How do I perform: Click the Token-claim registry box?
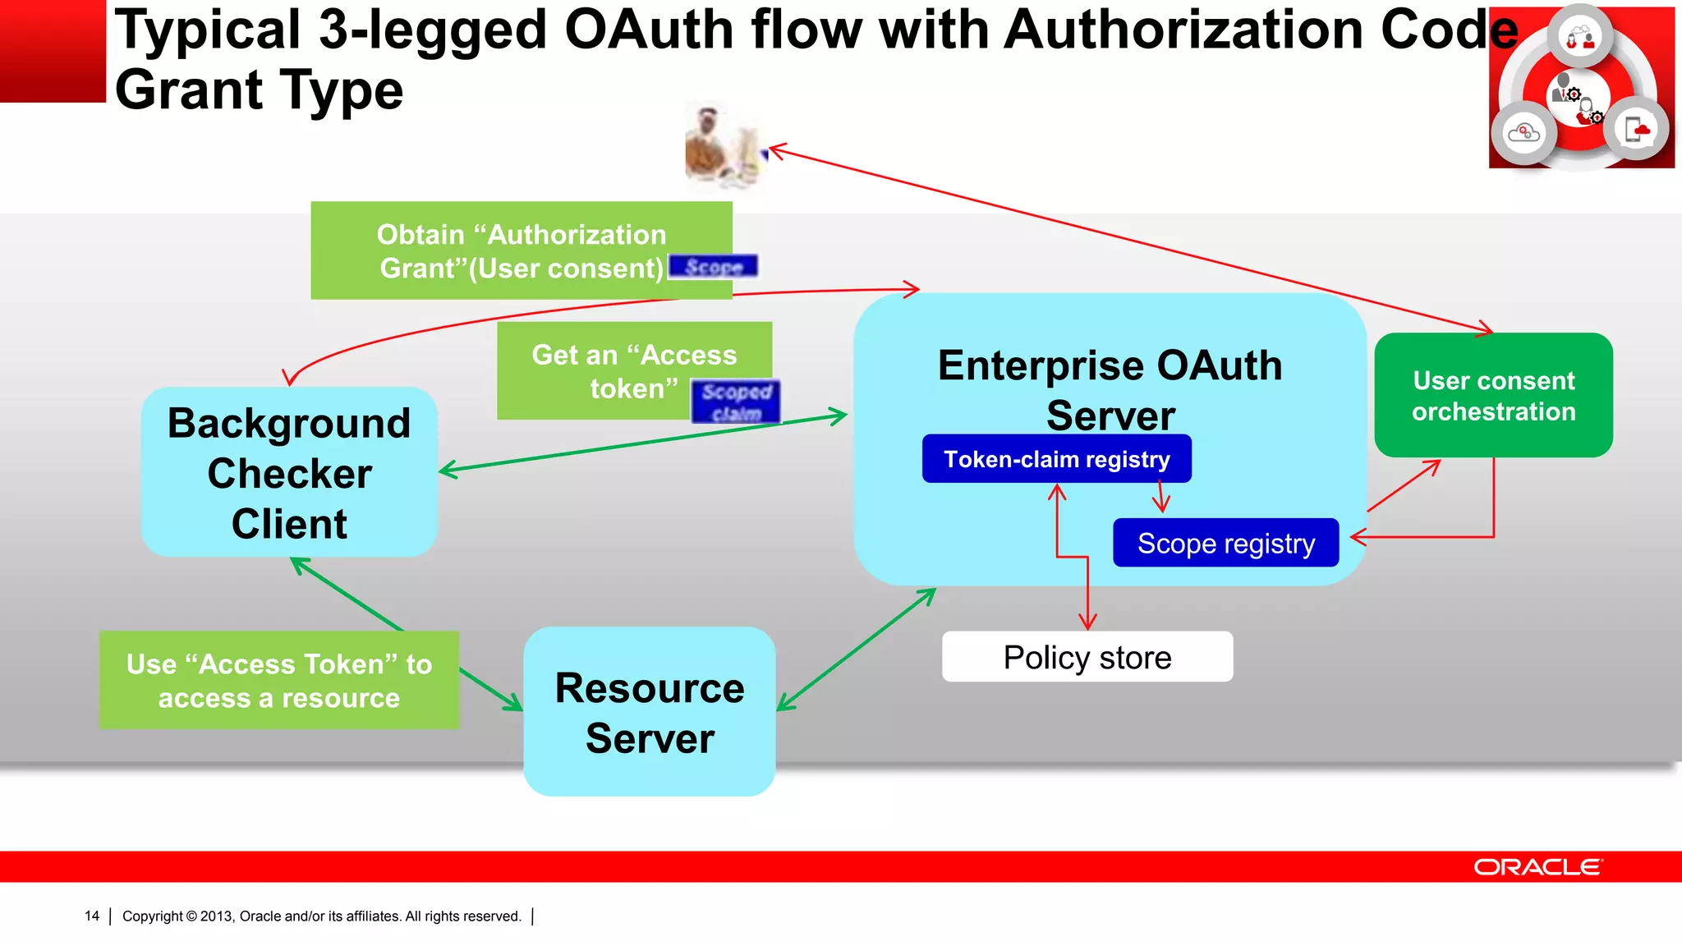point(1056,459)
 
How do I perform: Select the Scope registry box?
point(1225,543)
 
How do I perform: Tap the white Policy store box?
point(1087,657)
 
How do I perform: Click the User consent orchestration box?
point(1493,395)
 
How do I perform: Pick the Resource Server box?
point(650,712)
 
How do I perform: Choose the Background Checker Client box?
point(289,473)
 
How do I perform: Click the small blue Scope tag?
point(713,267)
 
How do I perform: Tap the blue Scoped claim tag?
point(736,402)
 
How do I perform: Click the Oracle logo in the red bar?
point(1537,867)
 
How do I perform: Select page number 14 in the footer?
point(92,916)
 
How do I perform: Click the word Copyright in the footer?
point(153,916)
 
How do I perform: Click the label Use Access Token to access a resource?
point(279,680)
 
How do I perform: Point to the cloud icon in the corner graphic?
point(1524,132)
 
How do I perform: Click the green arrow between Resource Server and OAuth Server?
point(856,649)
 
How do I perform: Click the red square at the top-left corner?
point(53,50)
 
